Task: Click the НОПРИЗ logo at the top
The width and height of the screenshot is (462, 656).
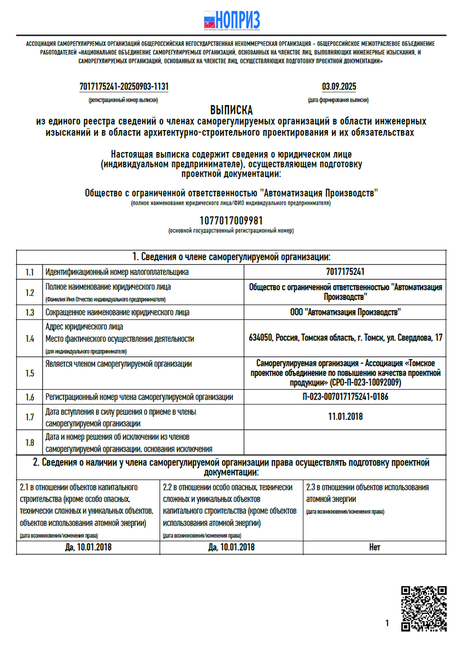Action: [231, 20]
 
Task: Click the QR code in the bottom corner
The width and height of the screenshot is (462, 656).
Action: [424, 608]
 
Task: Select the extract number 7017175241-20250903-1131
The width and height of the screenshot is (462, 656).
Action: [124, 86]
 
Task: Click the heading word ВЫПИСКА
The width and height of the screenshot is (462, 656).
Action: [231, 110]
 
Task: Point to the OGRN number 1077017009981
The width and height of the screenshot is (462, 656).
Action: [231, 220]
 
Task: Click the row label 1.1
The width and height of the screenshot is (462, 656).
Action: [30, 272]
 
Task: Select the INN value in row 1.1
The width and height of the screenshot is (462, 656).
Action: [345, 272]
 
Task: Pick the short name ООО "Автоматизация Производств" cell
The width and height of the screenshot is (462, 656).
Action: [345, 313]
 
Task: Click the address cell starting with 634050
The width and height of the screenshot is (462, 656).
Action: [345, 338]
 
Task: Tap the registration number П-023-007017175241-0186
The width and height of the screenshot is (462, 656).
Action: [345, 397]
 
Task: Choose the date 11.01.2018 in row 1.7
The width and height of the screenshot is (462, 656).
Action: [345, 417]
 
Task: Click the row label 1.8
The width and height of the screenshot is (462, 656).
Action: [30, 442]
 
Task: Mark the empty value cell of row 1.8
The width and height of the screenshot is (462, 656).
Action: [345, 442]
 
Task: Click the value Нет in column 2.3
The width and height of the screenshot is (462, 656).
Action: [375, 547]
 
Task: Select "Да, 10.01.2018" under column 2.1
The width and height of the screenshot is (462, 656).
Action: [88, 547]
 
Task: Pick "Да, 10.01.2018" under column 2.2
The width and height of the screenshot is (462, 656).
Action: [231, 547]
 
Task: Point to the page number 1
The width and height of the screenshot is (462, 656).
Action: [387, 623]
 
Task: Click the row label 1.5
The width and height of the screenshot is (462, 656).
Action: [30, 373]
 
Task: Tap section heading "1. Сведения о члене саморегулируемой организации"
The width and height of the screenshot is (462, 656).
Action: [231, 257]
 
